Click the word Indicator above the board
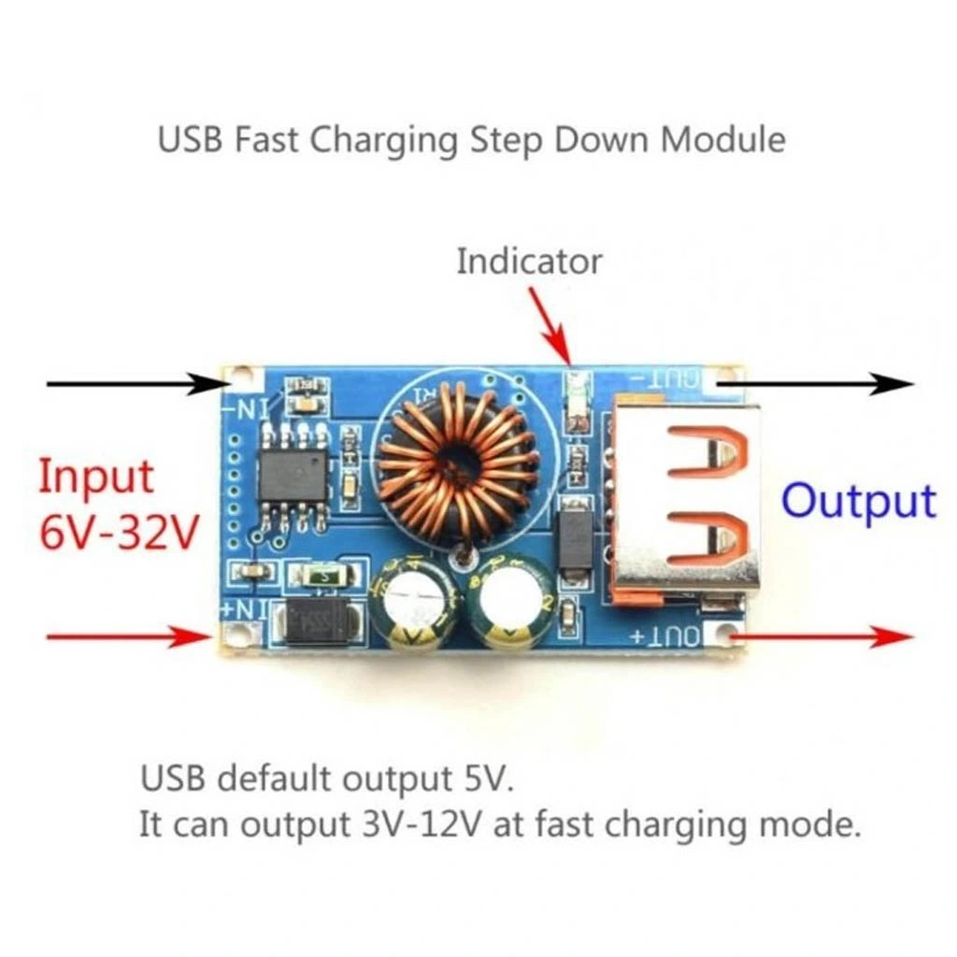pyautogui.click(x=529, y=261)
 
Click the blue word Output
pyautogui.click(x=858, y=502)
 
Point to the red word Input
pyautogui.click(x=95, y=478)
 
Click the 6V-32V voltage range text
pyautogui.click(x=119, y=534)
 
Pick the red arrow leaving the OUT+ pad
pyautogui.click(x=822, y=637)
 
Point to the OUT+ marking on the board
pyautogui.click(x=665, y=636)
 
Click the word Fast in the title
pyautogui.click(x=266, y=139)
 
